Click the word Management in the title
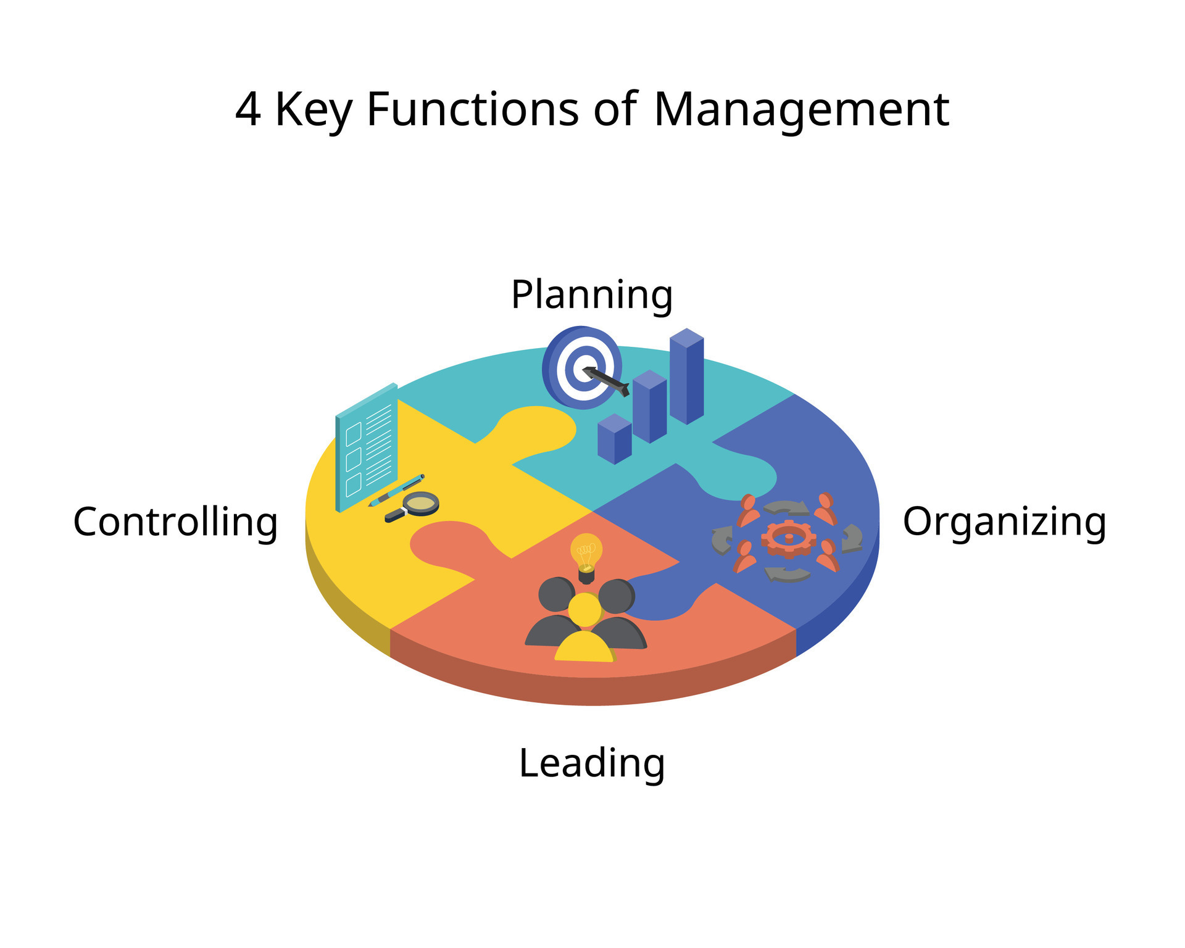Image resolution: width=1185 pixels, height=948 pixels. click(x=800, y=110)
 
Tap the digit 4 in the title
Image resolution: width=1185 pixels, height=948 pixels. click(x=247, y=110)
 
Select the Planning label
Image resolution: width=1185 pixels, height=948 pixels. click(x=592, y=295)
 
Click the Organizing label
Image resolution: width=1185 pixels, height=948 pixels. click(x=1004, y=522)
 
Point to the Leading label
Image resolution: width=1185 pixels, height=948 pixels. click(x=592, y=763)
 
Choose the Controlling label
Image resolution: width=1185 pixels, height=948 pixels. click(x=175, y=522)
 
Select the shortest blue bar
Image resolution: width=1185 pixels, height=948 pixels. click(x=614, y=439)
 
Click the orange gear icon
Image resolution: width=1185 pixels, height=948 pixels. click(x=789, y=539)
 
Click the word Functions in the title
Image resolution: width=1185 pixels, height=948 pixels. click(x=472, y=110)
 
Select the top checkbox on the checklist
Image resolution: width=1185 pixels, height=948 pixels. click(x=354, y=434)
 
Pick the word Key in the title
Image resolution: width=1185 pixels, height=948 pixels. click(x=313, y=110)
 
